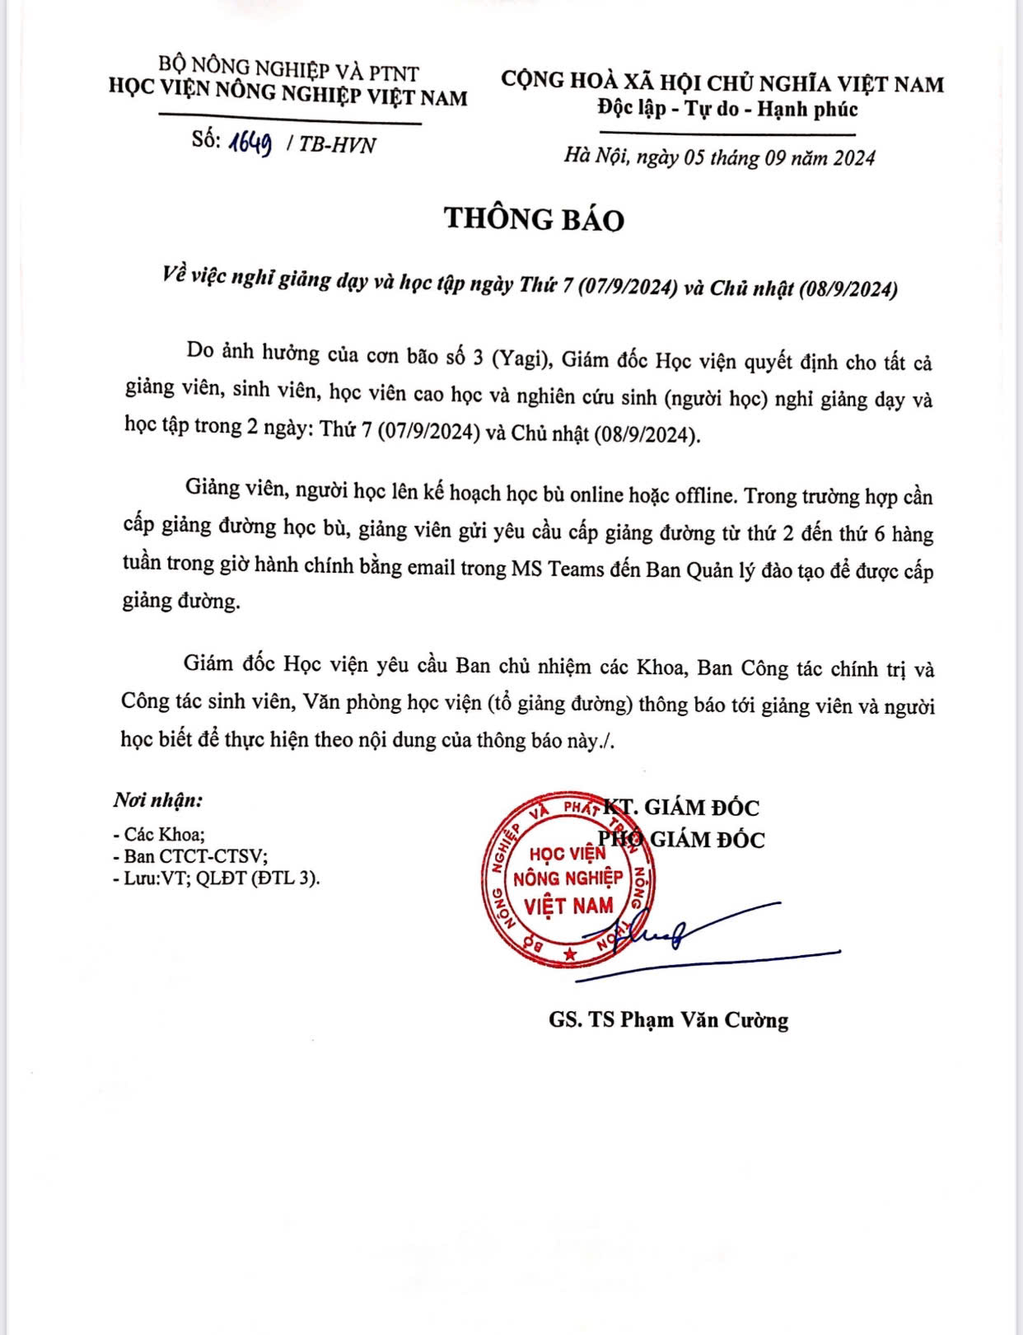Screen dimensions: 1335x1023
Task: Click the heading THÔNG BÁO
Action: tap(534, 218)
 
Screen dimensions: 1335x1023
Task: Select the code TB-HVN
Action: tap(337, 144)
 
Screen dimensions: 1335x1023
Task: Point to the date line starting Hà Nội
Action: tap(719, 157)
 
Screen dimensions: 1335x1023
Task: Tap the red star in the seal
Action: tap(569, 953)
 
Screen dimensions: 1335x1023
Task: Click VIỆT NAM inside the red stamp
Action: tap(569, 906)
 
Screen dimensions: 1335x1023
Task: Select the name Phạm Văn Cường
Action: tap(703, 1020)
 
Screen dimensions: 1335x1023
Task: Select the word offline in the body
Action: tap(704, 495)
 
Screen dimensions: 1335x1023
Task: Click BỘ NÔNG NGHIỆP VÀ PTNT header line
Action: tap(288, 71)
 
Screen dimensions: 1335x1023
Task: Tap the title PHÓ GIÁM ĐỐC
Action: tap(681, 840)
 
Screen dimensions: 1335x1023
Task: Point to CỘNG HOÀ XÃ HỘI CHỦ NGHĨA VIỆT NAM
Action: tap(722, 82)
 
